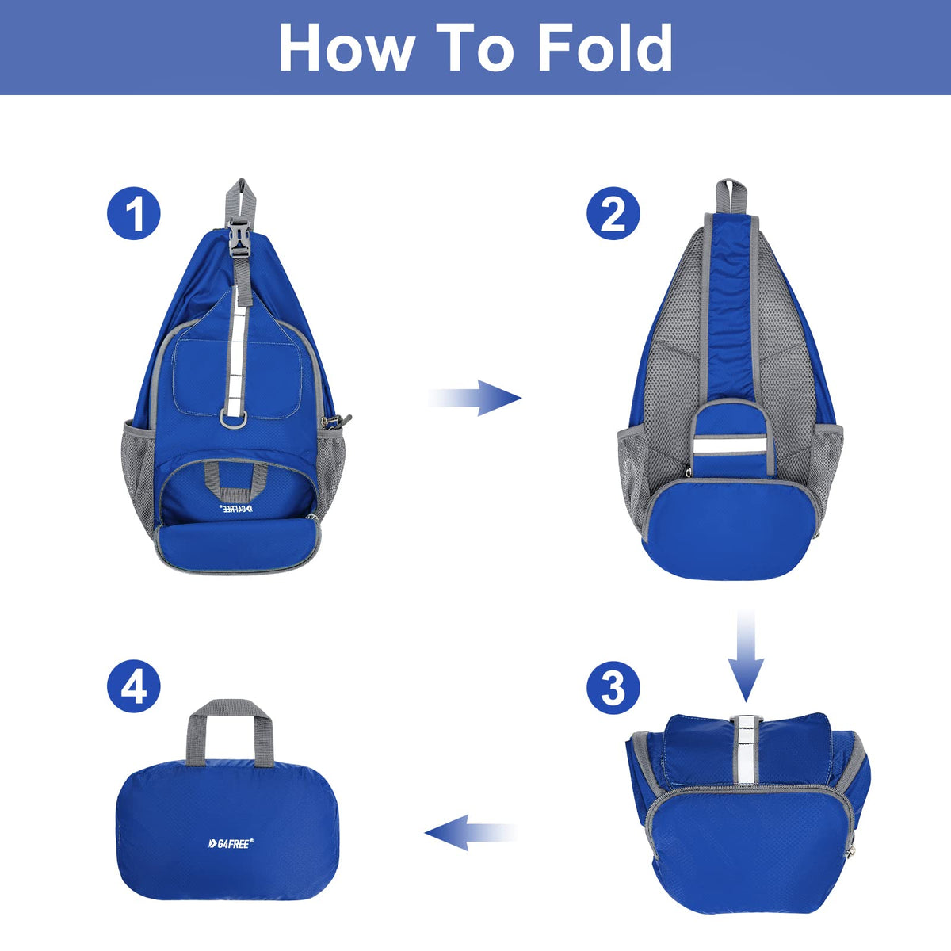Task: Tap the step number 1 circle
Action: pyautogui.click(x=134, y=213)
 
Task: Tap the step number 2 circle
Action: pyautogui.click(x=613, y=213)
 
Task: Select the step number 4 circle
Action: pyautogui.click(x=134, y=686)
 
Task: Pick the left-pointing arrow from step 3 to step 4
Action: pyautogui.click(x=471, y=832)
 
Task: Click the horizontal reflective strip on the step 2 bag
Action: pyautogui.click(x=729, y=447)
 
